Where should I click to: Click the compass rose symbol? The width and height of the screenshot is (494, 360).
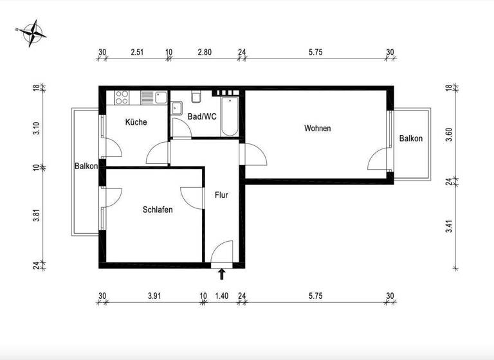(33, 35)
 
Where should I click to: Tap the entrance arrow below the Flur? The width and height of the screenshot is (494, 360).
(222, 274)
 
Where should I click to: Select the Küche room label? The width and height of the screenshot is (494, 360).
(136, 122)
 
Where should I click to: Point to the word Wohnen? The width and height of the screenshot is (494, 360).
(317, 129)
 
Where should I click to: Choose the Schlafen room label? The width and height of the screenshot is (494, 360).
(158, 210)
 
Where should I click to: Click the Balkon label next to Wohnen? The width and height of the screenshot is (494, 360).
(410, 139)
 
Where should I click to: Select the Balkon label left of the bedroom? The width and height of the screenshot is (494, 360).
(86, 166)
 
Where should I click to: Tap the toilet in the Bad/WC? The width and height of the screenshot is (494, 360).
(197, 98)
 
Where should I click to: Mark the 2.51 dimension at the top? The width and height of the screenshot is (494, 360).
(136, 52)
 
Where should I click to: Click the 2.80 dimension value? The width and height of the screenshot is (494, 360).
(205, 52)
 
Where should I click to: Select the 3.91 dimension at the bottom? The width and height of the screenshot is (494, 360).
(154, 296)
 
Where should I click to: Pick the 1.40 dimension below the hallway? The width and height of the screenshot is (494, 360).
(221, 296)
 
